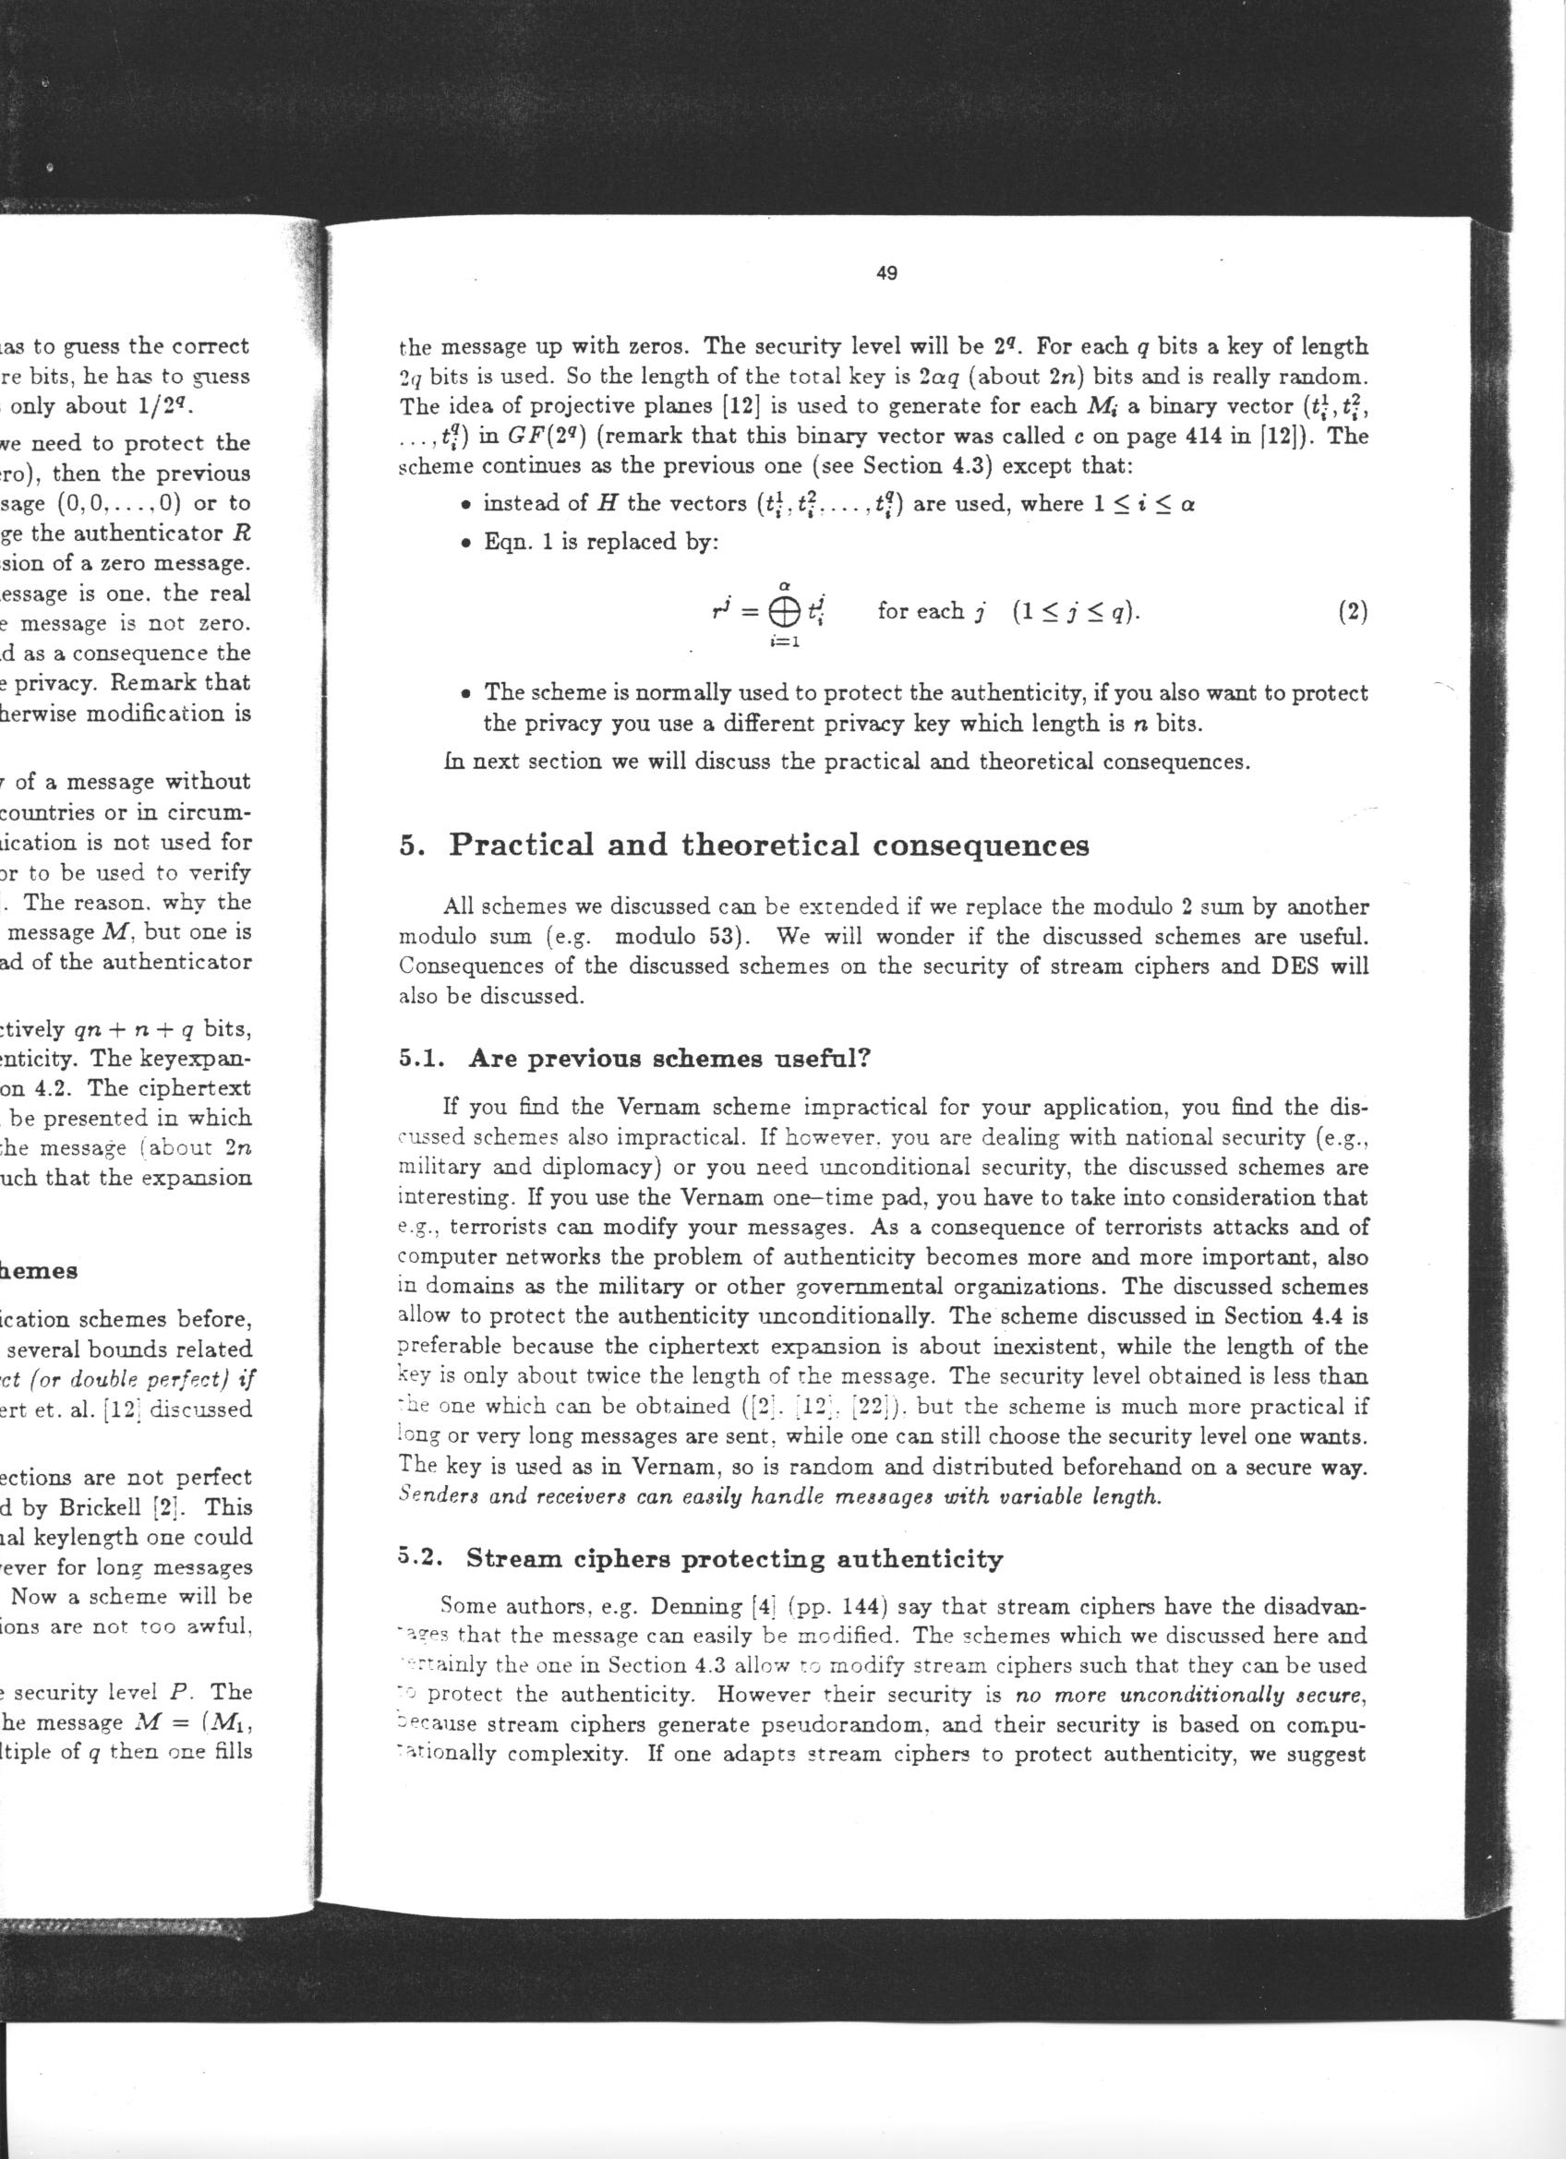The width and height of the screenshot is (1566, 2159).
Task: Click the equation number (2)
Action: tap(1352, 612)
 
